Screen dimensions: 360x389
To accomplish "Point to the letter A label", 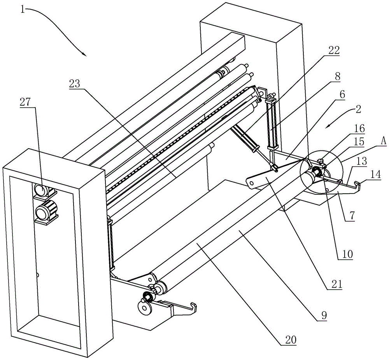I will pyautogui.click(x=383, y=142).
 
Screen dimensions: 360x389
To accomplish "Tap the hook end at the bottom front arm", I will pyautogui.click(x=193, y=307).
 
